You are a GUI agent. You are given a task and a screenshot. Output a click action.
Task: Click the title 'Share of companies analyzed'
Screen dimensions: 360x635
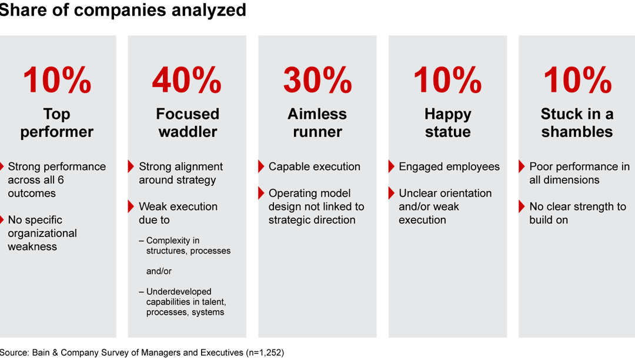tap(123, 10)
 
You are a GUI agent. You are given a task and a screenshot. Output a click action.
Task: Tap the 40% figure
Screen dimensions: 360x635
tap(187, 81)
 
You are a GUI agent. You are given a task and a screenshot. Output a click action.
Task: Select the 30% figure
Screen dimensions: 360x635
tap(317, 81)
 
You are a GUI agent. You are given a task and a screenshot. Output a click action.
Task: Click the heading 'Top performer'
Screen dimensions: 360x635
tap(56, 122)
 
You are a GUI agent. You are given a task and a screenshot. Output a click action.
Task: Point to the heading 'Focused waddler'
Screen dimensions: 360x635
tap(187, 122)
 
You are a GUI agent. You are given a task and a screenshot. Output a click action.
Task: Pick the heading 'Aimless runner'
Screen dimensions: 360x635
tap(317, 122)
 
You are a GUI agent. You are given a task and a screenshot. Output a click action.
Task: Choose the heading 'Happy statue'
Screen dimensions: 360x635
tap(447, 122)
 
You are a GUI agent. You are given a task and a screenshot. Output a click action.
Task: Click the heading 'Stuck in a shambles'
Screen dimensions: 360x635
tap(577, 122)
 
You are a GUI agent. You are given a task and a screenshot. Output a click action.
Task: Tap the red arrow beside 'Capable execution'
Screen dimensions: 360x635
tap(261, 166)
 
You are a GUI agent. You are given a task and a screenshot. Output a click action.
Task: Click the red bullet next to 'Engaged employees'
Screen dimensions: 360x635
tap(392, 166)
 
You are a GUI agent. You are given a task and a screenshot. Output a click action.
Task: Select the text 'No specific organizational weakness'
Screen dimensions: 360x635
tap(42, 233)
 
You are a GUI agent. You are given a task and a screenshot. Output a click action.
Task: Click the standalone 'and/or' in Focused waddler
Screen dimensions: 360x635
tap(159, 271)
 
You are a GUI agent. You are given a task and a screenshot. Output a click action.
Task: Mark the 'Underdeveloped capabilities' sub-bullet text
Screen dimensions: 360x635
tap(185, 302)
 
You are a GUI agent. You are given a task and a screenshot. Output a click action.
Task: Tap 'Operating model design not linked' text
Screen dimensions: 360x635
tap(316, 206)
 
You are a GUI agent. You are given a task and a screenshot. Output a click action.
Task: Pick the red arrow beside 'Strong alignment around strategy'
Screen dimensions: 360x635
tap(131, 166)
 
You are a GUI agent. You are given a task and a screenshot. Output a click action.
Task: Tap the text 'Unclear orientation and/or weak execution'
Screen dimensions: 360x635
tap(444, 206)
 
